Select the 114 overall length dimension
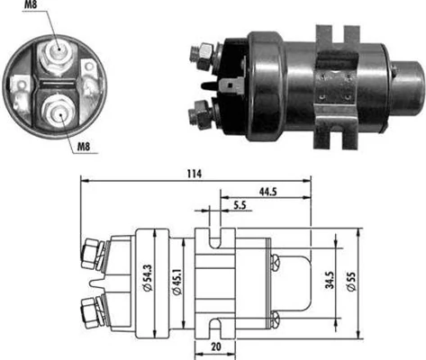[x=194, y=173]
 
